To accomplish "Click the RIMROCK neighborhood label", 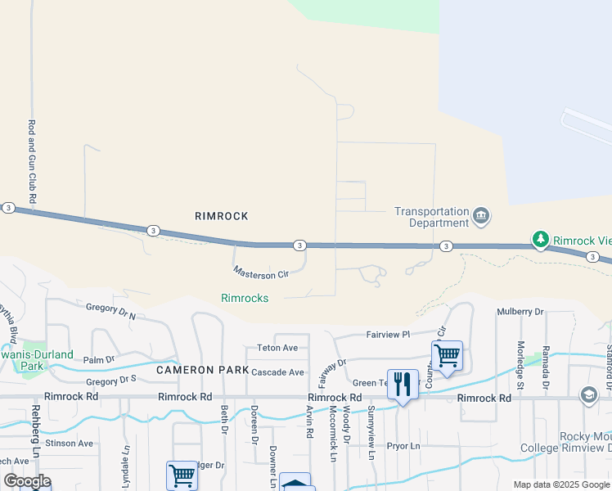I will (x=221, y=216).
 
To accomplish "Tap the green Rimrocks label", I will (x=245, y=298).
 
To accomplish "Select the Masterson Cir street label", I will (x=262, y=273).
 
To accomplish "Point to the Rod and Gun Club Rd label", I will (x=33, y=162).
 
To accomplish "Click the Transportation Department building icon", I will (x=481, y=216).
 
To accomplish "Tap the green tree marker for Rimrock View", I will (x=540, y=240).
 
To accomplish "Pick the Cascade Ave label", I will (x=278, y=372).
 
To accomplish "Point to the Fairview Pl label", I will (x=388, y=334).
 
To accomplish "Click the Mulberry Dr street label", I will (x=521, y=312).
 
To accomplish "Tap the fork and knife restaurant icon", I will (x=402, y=383).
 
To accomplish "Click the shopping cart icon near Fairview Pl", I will (x=447, y=356).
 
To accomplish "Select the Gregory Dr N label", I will (x=110, y=310).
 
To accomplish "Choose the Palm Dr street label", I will (x=99, y=359).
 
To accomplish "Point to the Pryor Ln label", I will (x=403, y=446).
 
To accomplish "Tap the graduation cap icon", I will (x=588, y=396).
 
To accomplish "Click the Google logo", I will (x=27, y=481).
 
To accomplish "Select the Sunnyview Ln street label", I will (x=371, y=431).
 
